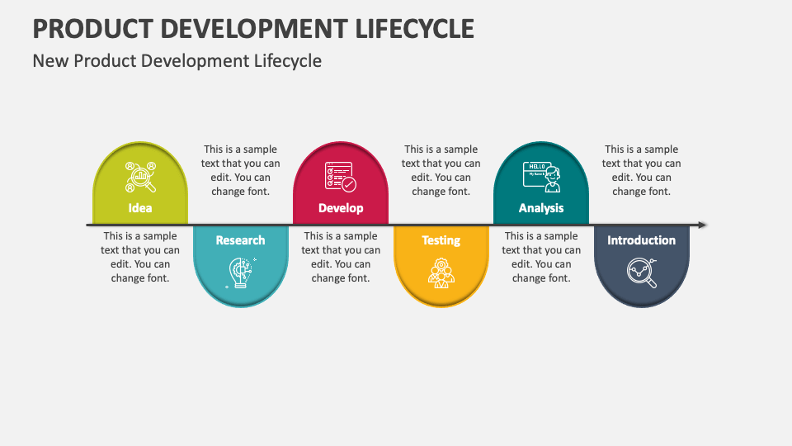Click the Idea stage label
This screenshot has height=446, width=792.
(140, 208)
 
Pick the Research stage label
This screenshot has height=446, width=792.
(240, 240)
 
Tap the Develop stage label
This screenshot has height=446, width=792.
(341, 208)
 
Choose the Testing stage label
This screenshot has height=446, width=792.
(441, 240)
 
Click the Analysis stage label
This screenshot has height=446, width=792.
(541, 208)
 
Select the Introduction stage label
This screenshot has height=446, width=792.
(641, 240)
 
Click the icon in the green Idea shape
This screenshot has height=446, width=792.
(140, 177)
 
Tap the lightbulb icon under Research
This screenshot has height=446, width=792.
(240, 273)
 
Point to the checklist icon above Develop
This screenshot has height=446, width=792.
(341, 177)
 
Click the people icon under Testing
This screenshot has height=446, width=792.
(441, 273)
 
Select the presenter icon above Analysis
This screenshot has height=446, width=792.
(541, 176)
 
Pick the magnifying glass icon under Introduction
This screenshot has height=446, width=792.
(641, 273)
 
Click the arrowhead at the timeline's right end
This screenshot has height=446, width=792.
(702, 225)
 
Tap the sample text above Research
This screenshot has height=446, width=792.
(240, 170)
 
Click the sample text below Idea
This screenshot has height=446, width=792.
(140, 257)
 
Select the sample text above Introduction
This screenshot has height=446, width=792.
(641, 170)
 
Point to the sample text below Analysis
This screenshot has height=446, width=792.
(541, 257)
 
